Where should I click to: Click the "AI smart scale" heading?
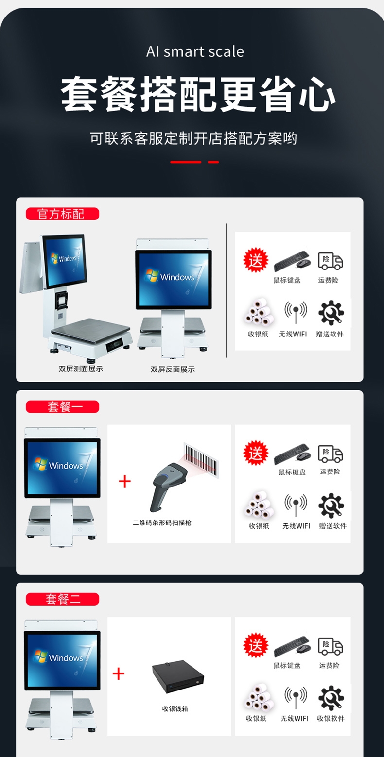coord(195,51)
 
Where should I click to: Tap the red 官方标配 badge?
coord(62,214)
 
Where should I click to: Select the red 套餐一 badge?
coord(62,406)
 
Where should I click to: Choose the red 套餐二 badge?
coord(62,599)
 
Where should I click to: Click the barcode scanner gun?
coord(168,487)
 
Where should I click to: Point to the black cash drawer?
coord(178,677)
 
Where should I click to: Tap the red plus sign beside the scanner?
coord(125,481)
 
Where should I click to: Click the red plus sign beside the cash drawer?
coord(119,674)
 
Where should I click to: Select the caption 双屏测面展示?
coord(81,369)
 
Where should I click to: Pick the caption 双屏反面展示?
coord(173,370)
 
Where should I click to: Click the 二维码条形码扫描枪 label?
coord(162,523)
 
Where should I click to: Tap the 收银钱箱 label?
coord(175,708)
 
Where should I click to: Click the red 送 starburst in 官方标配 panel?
coord(256,260)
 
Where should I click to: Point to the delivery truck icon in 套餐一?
coord(330,454)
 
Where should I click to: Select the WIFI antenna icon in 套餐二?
coord(296,697)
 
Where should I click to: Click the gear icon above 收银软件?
coord(331,698)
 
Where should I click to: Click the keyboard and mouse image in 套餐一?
coord(292,454)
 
